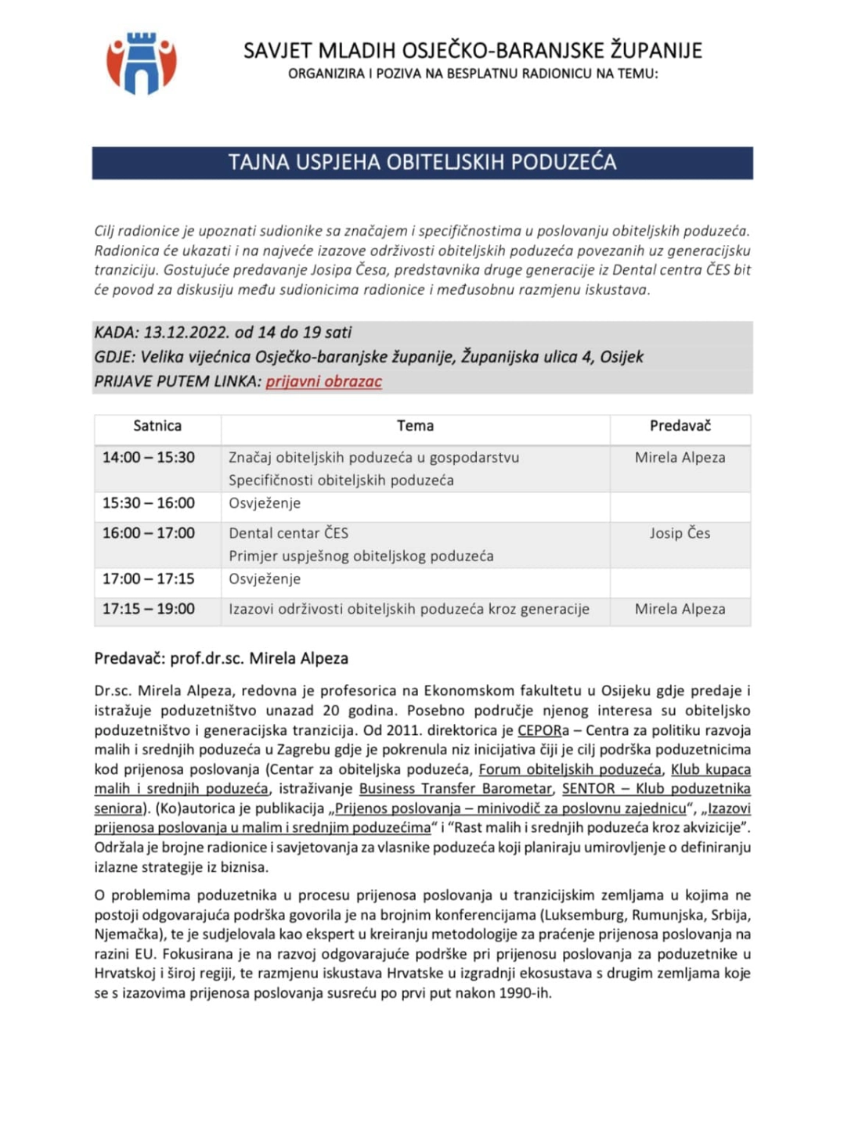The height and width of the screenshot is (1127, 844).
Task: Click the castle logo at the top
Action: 142,63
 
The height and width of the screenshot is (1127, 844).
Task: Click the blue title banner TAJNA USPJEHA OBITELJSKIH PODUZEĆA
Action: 422,163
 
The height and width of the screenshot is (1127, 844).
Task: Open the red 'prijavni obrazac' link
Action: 323,382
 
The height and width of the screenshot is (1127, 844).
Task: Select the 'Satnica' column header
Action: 157,427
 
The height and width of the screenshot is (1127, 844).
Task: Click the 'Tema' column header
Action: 415,427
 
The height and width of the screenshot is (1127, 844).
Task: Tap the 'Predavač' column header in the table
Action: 680,427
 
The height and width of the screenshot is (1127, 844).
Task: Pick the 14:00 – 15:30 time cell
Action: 149,458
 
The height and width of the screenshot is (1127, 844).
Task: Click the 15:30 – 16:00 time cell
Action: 149,503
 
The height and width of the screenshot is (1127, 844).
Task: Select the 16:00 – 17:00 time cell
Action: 149,534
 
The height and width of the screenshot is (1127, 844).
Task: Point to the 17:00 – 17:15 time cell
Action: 149,579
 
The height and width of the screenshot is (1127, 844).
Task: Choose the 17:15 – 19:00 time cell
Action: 149,610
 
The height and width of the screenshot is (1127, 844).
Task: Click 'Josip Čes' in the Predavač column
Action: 680,534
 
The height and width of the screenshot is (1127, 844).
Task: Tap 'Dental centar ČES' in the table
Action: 288,534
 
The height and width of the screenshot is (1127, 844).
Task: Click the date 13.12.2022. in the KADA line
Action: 186,333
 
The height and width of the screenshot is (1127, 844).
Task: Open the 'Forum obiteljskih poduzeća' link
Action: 570,769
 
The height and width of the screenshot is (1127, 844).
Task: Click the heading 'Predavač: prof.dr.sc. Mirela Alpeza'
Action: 222,659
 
